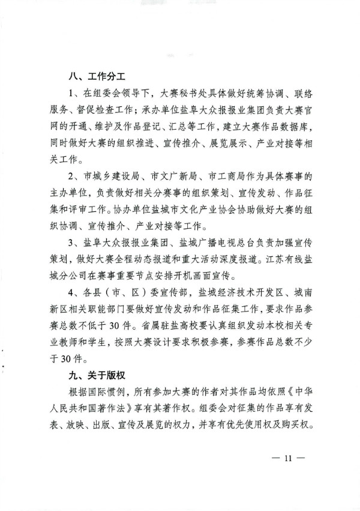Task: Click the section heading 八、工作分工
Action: [x=98, y=78]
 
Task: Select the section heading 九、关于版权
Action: [x=98, y=376]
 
